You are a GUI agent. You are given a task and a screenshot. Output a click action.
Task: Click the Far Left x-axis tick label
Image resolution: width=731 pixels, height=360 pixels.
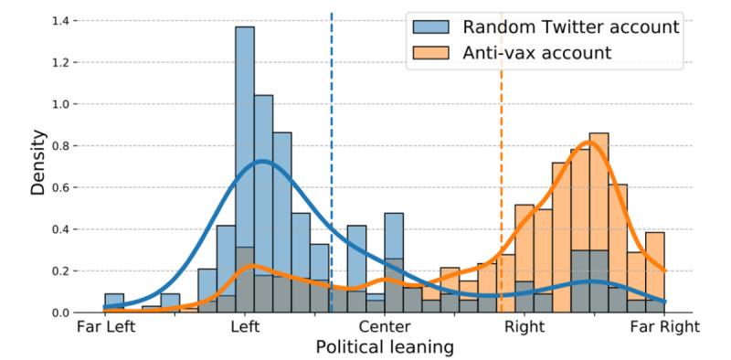tap(105, 326)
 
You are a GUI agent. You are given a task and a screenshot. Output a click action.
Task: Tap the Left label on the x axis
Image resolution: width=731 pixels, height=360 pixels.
tap(245, 326)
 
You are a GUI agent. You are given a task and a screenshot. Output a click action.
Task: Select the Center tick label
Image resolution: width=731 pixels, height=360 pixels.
tap(384, 326)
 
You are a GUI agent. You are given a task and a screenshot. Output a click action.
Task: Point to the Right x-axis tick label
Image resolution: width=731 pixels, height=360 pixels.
tap(524, 326)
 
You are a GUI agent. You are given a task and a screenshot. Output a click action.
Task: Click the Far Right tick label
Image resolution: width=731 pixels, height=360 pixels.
tap(664, 326)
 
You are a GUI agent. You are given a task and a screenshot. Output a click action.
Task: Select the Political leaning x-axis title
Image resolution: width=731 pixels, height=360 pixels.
tap(384, 347)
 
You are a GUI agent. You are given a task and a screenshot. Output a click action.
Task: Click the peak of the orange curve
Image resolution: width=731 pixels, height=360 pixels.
tap(590, 142)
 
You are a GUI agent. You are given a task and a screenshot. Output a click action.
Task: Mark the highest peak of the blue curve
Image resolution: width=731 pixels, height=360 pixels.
tap(261, 161)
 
